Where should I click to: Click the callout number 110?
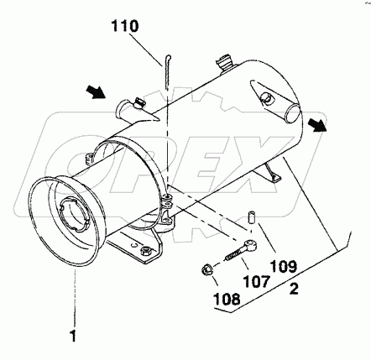coord(125,26)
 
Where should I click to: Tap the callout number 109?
coord(284,267)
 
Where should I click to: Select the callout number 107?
coord(257,281)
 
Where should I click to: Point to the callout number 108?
coord(227,299)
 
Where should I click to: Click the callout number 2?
coord(294,289)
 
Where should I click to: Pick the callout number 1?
coord(73,336)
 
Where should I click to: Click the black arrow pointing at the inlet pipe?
coord(96,92)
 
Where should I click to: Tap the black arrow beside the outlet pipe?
coord(317,124)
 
